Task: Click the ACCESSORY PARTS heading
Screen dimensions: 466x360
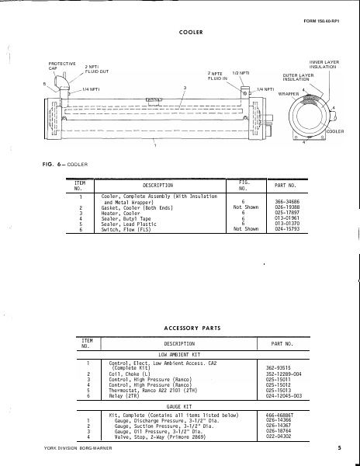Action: pyautogui.click(x=190, y=329)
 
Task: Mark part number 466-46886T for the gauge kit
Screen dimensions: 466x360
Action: pyautogui.click(x=281, y=416)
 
